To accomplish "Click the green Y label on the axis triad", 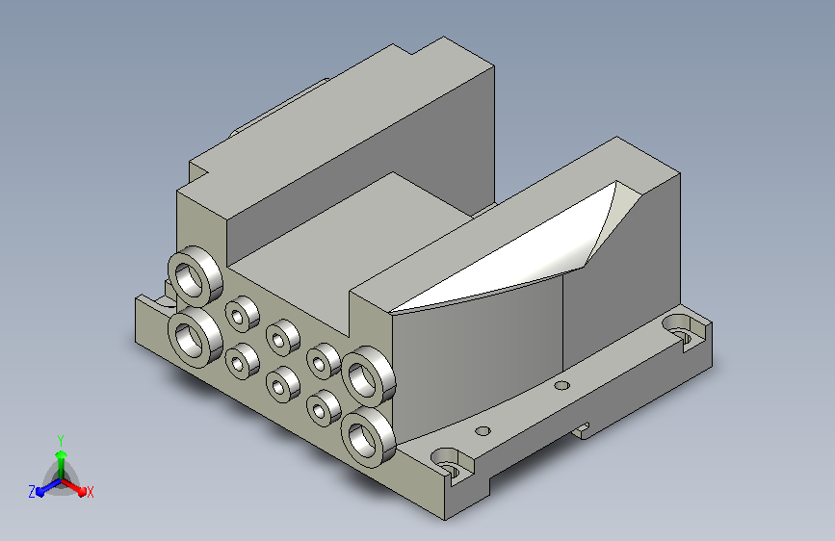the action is pos(61,440).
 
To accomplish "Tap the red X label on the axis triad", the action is pos(90,492).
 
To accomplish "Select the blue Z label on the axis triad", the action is pos(32,492).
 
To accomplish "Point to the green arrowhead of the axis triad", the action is pos(62,455).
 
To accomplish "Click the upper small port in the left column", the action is pos(243,314).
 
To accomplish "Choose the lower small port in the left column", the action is pos(243,361).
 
